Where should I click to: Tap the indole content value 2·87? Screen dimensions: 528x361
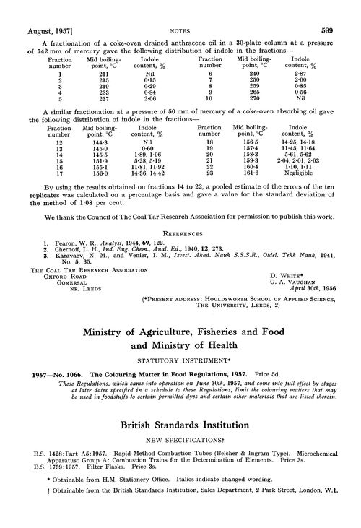coord(311,74)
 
